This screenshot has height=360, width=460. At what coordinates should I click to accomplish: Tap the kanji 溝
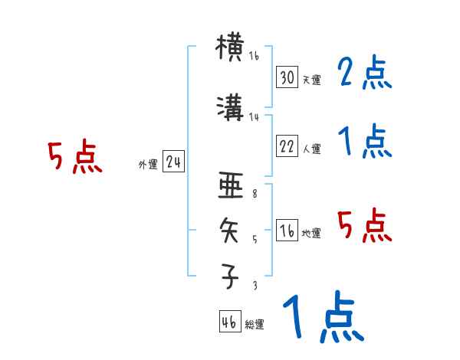231,111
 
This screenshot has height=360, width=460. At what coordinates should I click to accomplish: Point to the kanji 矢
231,231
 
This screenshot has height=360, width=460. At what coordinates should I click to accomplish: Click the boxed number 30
287,77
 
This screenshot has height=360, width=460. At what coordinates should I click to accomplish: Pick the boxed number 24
172,163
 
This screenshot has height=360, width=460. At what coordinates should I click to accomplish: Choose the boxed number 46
229,322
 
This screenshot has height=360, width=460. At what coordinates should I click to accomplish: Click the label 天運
310,80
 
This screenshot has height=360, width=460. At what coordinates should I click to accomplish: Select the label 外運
148,165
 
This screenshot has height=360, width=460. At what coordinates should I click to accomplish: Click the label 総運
254,325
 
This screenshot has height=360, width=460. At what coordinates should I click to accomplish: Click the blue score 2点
364,74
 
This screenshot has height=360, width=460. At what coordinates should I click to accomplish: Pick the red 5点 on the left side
74,157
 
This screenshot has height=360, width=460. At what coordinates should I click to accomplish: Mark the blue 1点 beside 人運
364,142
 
